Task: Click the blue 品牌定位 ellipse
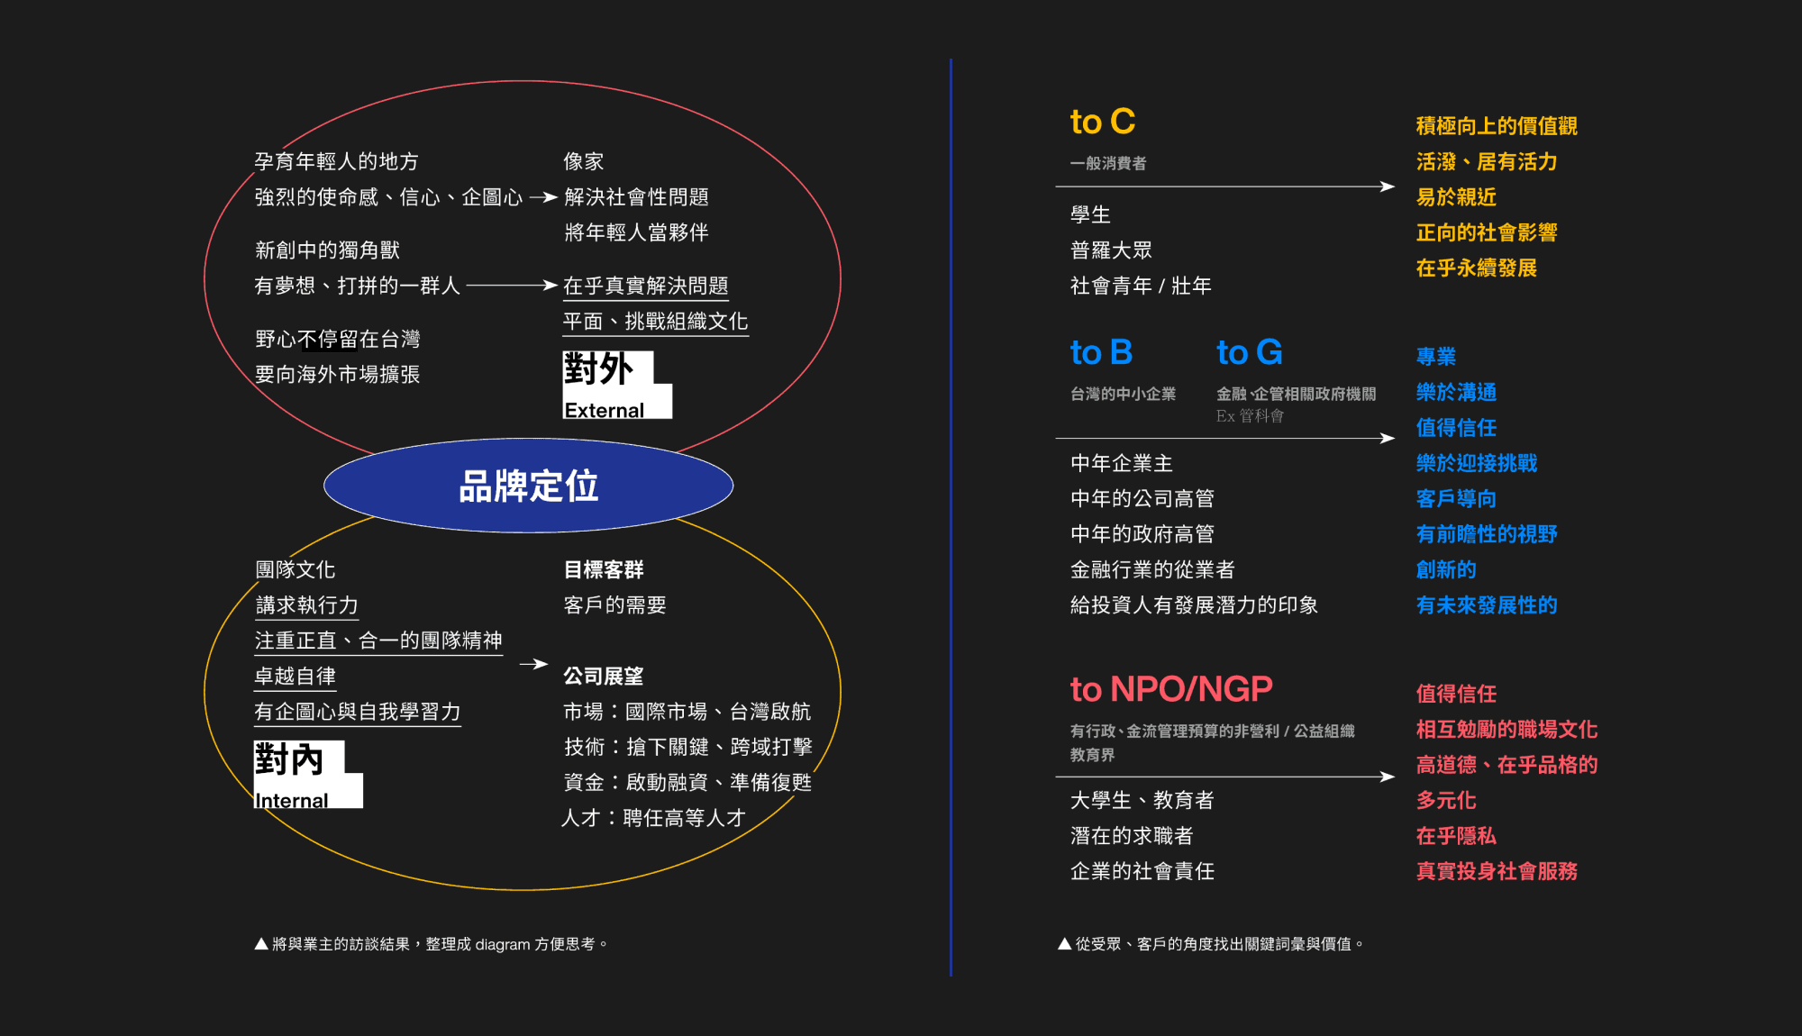point(528,486)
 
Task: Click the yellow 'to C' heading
point(1102,122)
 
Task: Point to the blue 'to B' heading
point(1101,352)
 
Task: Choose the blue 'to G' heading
point(1249,352)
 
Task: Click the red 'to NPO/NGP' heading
point(1170,689)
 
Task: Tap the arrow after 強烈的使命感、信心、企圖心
point(543,197)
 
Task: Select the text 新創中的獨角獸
point(327,250)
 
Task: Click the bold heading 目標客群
point(604,569)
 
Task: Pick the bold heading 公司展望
point(603,676)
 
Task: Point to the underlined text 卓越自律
point(295,677)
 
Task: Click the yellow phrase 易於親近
point(1455,197)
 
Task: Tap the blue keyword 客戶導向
point(1455,499)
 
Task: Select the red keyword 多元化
point(1445,800)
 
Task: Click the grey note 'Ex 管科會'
point(1250,416)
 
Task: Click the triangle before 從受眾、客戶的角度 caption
point(1064,944)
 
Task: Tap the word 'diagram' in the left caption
point(503,945)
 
